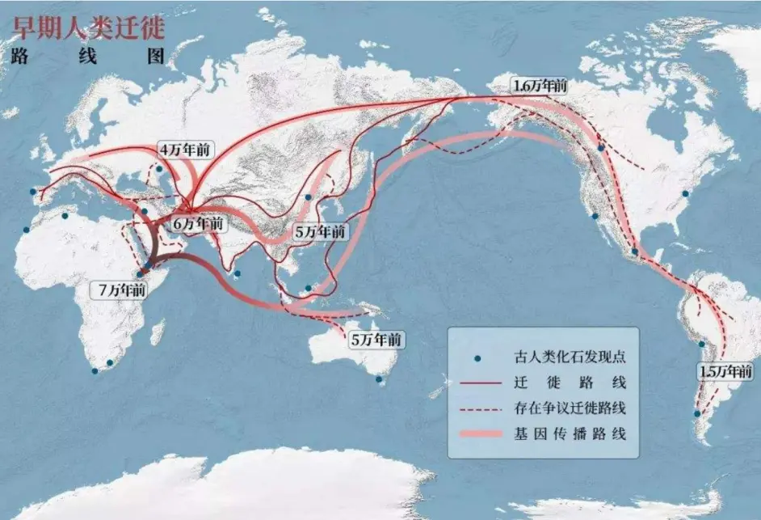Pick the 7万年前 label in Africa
click(120, 290)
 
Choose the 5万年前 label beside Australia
click(375, 340)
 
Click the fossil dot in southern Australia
click(379, 378)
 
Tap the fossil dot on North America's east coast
click(685, 193)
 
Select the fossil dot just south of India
click(237, 274)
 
